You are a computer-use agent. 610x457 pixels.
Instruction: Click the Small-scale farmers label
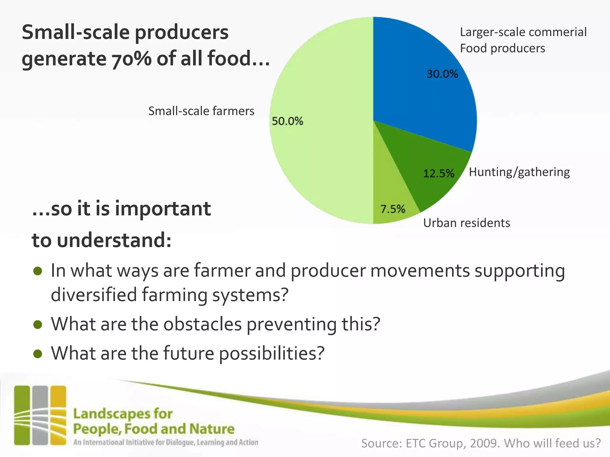pos(201,111)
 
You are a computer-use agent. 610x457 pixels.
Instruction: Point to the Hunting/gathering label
pos(519,172)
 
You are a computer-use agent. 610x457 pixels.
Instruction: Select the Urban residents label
pos(466,223)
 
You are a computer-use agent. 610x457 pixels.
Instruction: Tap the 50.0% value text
pos(287,121)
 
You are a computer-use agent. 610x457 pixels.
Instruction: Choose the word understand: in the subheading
pos(114,240)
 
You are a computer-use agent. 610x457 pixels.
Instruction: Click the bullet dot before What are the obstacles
pos(38,325)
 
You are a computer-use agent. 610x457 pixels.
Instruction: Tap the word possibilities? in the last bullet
pos(272,353)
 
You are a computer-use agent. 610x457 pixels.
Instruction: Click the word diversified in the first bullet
pos(94,295)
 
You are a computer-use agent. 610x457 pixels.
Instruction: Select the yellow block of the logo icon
pos(58,415)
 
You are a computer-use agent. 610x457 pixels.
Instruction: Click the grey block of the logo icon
pos(40,415)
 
